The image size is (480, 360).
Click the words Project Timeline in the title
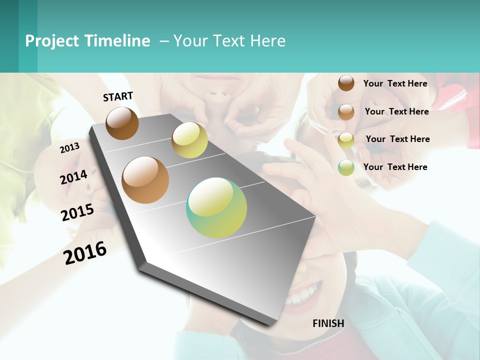(x=87, y=41)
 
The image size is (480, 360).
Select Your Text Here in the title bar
(x=229, y=41)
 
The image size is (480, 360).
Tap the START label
(x=118, y=96)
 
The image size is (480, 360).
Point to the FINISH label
(x=328, y=323)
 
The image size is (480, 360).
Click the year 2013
(x=69, y=147)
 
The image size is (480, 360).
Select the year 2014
(x=73, y=177)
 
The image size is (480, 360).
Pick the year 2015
(x=77, y=212)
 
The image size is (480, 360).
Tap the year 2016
(x=85, y=252)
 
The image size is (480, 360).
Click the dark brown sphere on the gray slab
(x=122, y=123)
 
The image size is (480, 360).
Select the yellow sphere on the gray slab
(x=189, y=140)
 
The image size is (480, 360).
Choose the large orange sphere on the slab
(x=145, y=180)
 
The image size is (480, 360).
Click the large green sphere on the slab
(x=216, y=207)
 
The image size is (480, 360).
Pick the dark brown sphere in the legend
(x=346, y=83)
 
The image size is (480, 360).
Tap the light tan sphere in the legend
(x=346, y=112)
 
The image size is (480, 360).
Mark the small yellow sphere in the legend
(x=346, y=140)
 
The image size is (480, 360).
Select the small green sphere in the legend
(x=346, y=167)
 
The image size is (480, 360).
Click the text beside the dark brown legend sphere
(x=395, y=83)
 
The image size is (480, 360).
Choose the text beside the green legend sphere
(x=395, y=167)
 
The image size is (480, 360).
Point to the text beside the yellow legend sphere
(x=397, y=139)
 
